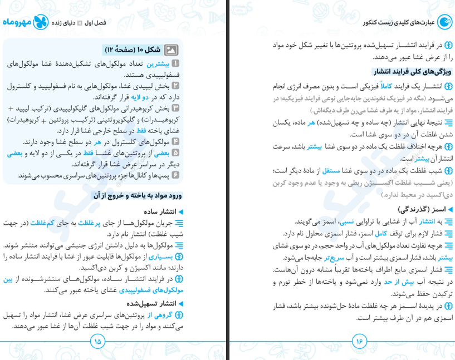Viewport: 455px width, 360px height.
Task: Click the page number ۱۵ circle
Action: (97, 341)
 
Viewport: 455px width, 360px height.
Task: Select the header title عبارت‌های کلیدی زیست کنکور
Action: (398, 22)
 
